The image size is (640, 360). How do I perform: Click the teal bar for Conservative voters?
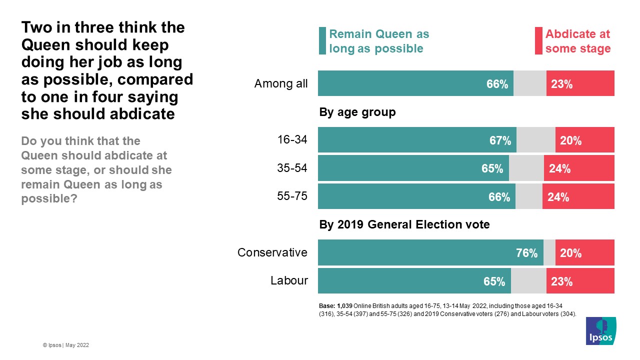click(430, 252)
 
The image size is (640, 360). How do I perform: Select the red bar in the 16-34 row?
click(584, 139)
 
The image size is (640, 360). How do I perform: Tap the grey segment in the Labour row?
click(528, 281)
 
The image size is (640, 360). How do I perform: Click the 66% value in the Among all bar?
click(497, 84)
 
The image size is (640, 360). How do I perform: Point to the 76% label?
click(526, 253)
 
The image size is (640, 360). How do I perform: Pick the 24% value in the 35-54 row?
click(559, 168)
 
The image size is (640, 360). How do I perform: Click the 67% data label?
click(500, 140)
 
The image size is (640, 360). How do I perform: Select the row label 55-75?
click(292, 196)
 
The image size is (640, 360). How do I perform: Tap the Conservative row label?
click(272, 252)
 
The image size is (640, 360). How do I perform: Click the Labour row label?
click(289, 280)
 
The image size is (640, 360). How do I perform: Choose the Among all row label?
click(281, 84)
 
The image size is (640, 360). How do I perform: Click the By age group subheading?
click(357, 112)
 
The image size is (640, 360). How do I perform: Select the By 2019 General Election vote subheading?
click(404, 225)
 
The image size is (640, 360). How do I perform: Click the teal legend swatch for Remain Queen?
click(322, 40)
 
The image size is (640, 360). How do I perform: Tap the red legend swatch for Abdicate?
click(538, 40)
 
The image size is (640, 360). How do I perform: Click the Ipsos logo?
click(601, 330)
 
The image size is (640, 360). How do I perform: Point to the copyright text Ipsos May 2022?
click(66, 345)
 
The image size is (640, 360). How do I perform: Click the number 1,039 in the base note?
click(345, 305)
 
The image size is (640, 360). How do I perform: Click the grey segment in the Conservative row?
click(549, 252)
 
